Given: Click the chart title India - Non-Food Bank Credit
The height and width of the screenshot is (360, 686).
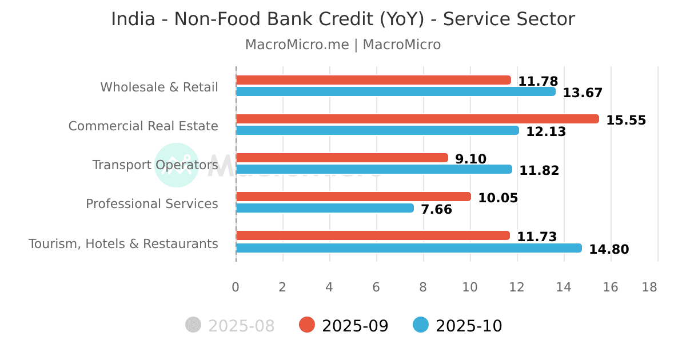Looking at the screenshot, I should click(x=342, y=19).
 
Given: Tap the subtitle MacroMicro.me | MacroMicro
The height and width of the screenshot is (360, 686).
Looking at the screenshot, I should click(x=342, y=45).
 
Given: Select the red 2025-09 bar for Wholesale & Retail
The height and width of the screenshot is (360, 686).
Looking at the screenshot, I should click(x=373, y=80).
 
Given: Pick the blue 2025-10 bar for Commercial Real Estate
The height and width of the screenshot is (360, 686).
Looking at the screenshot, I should click(x=377, y=130).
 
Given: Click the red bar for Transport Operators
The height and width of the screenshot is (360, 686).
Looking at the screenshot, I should click(x=341, y=158).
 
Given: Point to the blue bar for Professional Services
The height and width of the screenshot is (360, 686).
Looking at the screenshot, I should click(x=324, y=208).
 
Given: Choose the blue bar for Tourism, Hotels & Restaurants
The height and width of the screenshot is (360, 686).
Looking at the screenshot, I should click(x=408, y=248).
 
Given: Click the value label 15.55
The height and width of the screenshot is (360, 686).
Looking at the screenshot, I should click(x=626, y=121).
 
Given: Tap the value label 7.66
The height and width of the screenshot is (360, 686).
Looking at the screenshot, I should click(x=436, y=210).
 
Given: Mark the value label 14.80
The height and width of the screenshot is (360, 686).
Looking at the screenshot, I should click(x=609, y=250).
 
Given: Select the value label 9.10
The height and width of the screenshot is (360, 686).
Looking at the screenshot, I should click(x=470, y=159).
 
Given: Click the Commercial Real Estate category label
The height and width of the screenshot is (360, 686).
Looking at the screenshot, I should click(x=143, y=126).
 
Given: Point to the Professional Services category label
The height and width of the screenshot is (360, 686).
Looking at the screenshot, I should click(x=151, y=203).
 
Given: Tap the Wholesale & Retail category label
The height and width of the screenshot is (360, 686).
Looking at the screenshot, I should click(x=159, y=87).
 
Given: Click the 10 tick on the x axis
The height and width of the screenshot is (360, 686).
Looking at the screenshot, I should click(x=470, y=287).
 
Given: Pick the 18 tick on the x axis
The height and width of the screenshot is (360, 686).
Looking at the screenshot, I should click(x=649, y=287).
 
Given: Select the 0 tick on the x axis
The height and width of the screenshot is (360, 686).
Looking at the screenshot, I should click(x=236, y=287).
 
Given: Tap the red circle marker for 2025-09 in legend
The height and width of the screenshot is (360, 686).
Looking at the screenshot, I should click(x=307, y=325).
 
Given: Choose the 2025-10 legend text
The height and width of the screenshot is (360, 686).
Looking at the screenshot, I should click(x=468, y=326).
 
